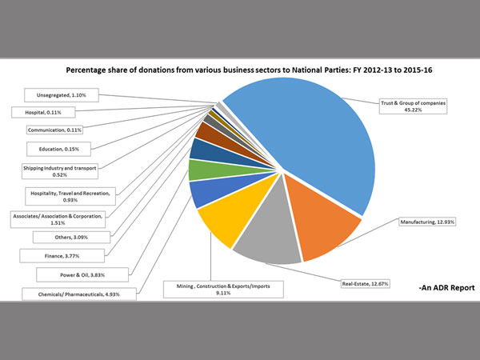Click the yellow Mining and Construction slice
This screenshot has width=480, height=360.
click(x=220, y=224)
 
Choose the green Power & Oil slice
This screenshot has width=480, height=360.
click(x=200, y=170)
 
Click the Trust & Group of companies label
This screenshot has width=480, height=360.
click(x=411, y=106)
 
